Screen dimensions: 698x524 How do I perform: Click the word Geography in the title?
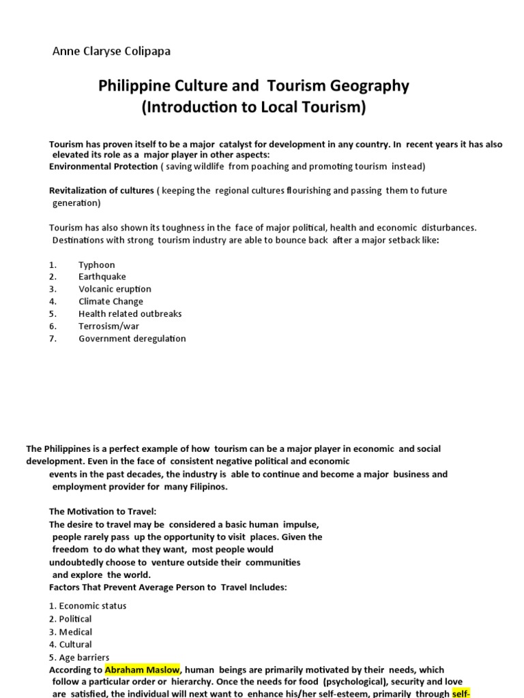pyautogui.click(x=374, y=86)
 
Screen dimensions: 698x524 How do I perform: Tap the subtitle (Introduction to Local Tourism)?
pyautogui.click(x=254, y=108)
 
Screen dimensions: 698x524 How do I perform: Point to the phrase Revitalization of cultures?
pyautogui.click(x=102, y=190)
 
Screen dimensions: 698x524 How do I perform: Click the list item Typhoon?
pyautogui.click(x=97, y=264)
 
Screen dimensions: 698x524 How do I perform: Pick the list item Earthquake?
pyautogui.click(x=102, y=277)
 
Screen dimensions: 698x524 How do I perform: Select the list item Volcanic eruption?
pyautogui.click(x=115, y=289)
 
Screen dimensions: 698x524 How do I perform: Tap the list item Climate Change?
pyautogui.click(x=111, y=301)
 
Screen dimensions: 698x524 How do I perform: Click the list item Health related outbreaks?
pyautogui.click(x=130, y=314)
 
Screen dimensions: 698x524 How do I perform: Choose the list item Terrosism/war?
pyautogui.click(x=110, y=326)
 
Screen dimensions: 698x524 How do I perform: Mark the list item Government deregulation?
pyautogui.click(x=132, y=338)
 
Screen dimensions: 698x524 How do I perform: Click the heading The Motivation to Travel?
pyautogui.click(x=107, y=511)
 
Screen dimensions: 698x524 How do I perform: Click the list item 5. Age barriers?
pyautogui.click(x=79, y=657)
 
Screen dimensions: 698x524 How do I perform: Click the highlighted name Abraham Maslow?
pyautogui.click(x=142, y=669)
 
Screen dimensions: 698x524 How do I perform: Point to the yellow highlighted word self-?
pyautogui.click(x=461, y=694)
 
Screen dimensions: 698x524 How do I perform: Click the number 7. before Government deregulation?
pyautogui.click(x=53, y=338)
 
